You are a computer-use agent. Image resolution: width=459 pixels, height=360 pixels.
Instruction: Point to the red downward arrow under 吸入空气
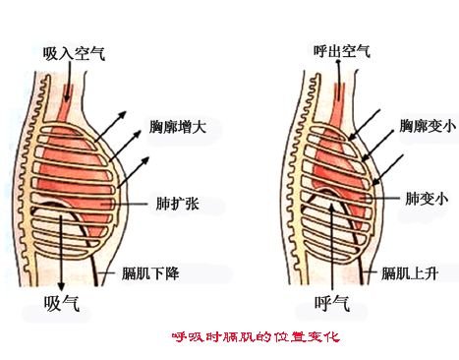pyautogui.click(x=68, y=92)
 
